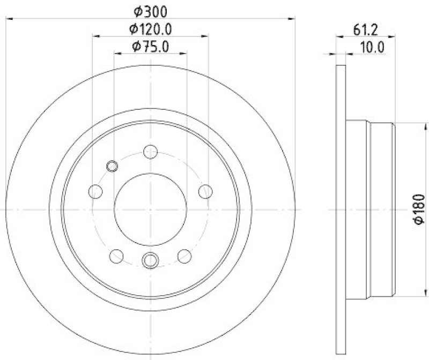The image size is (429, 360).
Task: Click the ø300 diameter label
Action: [x=151, y=10]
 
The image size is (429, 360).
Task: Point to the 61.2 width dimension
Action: [x=364, y=30]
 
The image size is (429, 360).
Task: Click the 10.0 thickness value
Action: [x=372, y=47]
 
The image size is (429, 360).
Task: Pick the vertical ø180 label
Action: [x=419, y=209]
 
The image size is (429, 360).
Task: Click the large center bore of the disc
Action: [x=151, y=208]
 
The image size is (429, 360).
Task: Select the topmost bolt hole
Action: [x=151, y=152]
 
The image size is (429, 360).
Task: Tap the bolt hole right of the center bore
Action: [x=204, y=191]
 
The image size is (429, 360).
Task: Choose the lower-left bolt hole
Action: [x=116, y=256]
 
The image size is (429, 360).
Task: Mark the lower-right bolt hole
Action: [x=184, y=256]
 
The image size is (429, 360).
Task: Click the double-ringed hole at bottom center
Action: [x=150, y=260]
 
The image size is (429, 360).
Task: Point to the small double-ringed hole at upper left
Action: [x=112, y=166]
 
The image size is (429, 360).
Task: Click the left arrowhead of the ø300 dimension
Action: [x=10, y=19]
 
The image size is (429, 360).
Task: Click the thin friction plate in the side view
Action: [x=341, y=209]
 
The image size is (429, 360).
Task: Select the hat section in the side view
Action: [x=370, y=209]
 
